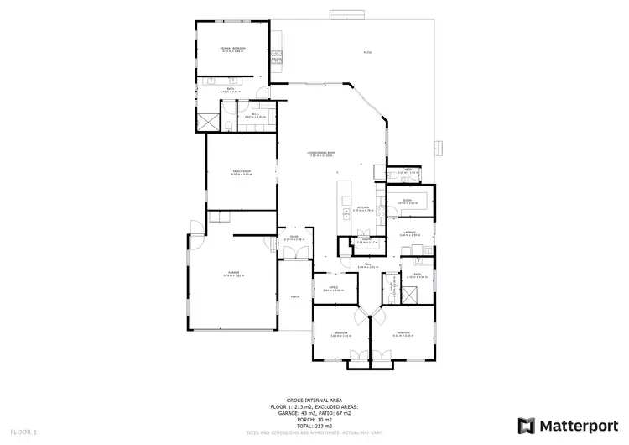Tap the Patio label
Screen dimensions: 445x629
point(367,52)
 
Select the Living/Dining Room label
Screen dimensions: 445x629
point(321,154)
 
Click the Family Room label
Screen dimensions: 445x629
point(242,171)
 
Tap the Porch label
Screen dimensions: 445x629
point(295,296)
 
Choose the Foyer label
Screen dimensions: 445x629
point(295,238)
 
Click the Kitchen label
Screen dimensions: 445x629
point(363,207)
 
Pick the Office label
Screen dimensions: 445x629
point(333,289)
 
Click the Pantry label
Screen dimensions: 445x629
point(366,240)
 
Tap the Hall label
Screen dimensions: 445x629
point(362,265)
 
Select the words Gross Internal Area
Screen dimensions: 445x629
point(313,400)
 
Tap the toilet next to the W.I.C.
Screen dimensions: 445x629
point(229,127)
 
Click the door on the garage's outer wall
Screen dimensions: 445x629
point(193,227)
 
